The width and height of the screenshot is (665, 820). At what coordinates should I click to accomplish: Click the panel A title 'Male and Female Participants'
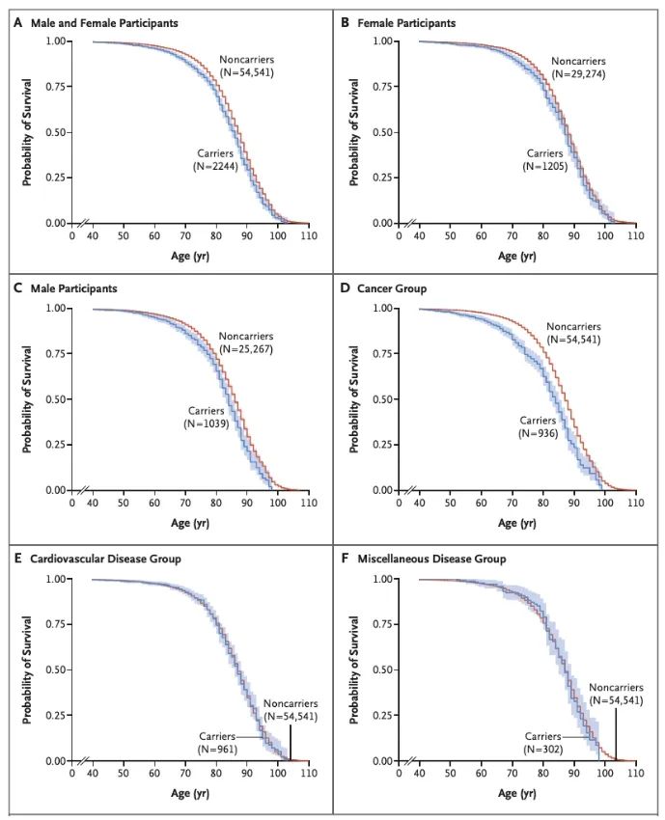101,21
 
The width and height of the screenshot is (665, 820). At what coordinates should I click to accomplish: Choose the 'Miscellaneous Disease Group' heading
431,559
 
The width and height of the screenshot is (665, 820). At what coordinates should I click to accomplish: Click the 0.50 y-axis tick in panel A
55,132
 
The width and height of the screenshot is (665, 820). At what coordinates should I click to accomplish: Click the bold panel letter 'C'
16,288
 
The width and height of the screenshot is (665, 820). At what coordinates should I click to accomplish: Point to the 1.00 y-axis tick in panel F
381,580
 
